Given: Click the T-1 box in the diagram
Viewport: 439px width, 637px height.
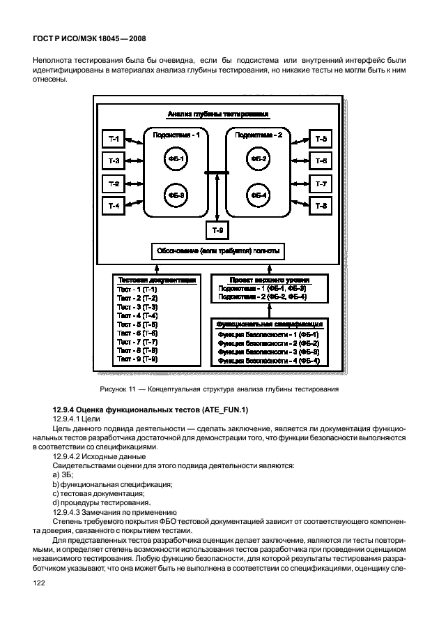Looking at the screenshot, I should click(x=114, y=140).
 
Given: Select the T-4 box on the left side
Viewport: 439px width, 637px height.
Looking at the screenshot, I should click(x=114, y=206).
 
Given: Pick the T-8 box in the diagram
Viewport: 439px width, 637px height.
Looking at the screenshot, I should click(x=321, y=206).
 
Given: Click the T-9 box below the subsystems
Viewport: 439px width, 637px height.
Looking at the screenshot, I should click(x=217, y=230).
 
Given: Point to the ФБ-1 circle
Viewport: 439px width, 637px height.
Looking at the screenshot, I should click(x=176, y=160).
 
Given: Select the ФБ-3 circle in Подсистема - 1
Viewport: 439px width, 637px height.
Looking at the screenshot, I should click(x=176, y=195).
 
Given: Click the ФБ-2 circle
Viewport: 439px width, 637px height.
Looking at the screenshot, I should click(x=260, y=160).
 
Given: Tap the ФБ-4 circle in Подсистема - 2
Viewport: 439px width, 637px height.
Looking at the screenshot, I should click(x=260, y=195).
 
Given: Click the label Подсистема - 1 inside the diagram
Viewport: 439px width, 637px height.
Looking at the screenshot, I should click(x=176, y=135).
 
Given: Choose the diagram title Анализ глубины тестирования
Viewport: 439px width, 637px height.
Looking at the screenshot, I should click(x=217, y=113).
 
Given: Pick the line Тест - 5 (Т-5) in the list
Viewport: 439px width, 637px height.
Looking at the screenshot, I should click(x=137, y=324).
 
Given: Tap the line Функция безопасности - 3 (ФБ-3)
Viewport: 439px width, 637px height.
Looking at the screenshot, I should click(x=268, y=352).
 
